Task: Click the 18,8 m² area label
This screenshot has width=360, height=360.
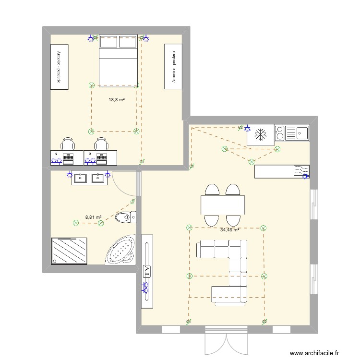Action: pos(117,100)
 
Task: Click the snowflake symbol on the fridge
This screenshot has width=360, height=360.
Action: pos(260,135)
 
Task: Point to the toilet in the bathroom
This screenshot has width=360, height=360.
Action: pos(126,217)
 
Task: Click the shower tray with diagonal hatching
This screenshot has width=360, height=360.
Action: pos(70,251)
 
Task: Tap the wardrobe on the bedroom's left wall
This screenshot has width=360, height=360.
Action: pos(60,66)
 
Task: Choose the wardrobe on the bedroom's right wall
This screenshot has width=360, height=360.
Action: pos(173,66)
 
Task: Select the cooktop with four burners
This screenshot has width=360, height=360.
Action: pos(280,132)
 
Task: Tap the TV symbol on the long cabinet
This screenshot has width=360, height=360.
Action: pos(146,271)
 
